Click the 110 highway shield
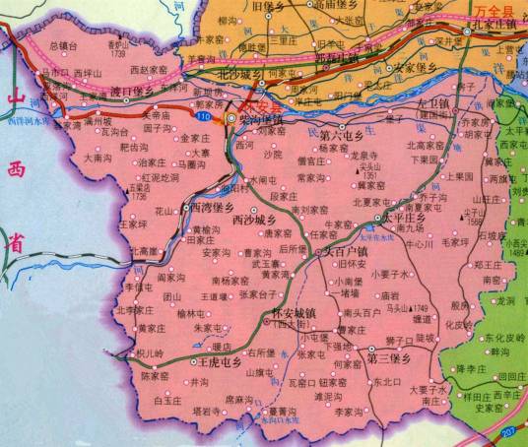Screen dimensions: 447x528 point(202,117)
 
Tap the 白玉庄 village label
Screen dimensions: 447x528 point(172,401)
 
